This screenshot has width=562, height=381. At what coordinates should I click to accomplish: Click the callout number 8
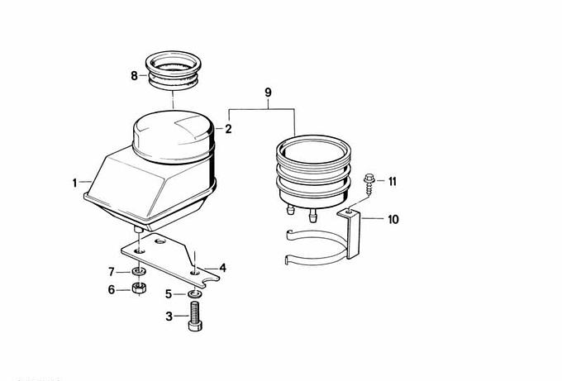[134, 76]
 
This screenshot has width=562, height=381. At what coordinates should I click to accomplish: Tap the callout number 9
[268, 93]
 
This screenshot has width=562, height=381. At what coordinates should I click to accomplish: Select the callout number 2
[228, 129]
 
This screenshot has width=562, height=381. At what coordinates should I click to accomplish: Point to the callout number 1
[74, 183]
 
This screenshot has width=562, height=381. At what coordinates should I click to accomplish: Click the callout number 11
[393, 181]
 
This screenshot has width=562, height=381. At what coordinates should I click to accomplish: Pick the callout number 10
[393, 219]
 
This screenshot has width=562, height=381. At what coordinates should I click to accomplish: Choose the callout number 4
[223, 268]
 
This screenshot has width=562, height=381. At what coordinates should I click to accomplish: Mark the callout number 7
[112, 272]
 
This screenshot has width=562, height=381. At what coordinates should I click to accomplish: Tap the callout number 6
[112, 289]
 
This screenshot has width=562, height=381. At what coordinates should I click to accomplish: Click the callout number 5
[169, 294]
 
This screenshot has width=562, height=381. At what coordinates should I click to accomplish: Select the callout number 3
[169, 317]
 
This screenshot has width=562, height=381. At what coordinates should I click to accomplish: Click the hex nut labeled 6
[138, 288]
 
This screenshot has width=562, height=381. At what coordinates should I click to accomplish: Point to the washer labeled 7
[140, 271]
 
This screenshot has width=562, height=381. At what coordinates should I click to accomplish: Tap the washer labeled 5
[194, 294]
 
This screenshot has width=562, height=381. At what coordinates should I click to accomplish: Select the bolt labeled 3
[195, 317]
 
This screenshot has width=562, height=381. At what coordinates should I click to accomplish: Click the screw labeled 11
[368, 183]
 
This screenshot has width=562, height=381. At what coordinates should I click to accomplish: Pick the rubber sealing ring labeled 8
[173, 70]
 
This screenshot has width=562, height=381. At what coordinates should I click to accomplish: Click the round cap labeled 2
[174, 136]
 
